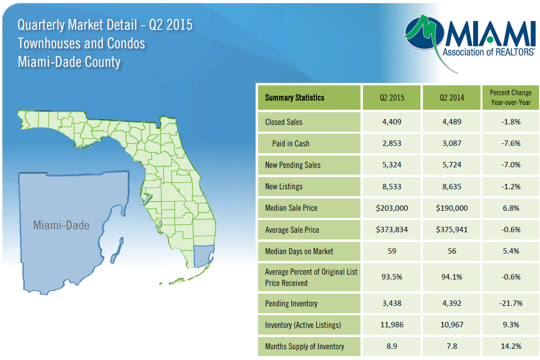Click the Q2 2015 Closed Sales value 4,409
392,122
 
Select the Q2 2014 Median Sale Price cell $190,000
452,208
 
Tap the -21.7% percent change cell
511,303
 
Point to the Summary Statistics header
295,98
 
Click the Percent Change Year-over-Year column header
511,98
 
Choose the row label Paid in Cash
291,143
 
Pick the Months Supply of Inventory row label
304,346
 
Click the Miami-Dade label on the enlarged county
61,225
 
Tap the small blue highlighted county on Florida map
203,256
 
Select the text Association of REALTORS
488,52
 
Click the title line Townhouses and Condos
81,43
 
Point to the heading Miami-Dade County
69,62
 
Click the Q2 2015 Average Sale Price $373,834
392,230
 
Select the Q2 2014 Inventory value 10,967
452,325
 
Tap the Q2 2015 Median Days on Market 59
392,251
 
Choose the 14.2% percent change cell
511,346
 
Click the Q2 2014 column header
452,98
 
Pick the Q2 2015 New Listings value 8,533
392,187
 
